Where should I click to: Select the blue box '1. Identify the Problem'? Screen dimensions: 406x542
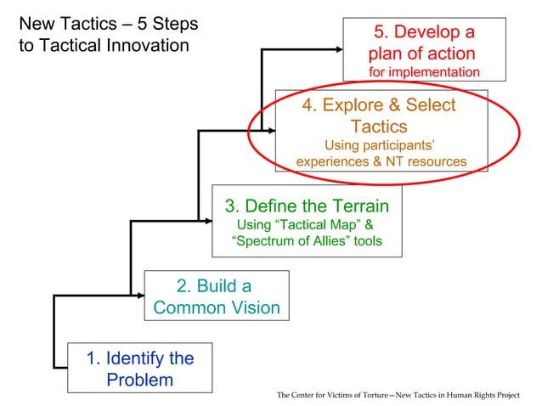(139, 368)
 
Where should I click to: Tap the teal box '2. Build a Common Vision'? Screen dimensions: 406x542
(217, 296)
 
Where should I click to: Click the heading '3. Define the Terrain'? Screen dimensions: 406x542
(307, 206)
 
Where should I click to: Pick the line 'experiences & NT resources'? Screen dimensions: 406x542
(381, 161)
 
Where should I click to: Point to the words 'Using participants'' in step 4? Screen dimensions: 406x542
(380, 144)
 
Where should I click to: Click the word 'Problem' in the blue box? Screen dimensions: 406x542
(139, 379)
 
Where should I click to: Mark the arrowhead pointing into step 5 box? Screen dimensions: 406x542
(343, 49)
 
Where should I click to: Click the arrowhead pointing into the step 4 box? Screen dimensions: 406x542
(271, 131)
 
